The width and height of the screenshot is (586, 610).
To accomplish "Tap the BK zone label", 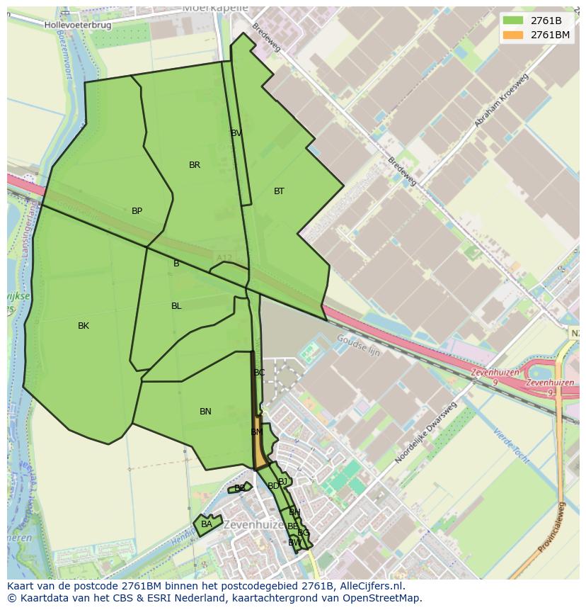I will (84, 326).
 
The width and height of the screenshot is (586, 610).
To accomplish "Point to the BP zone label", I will (137, 211).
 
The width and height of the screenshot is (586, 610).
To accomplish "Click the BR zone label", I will (195, 165).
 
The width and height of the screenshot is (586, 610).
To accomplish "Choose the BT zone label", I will (279, 191).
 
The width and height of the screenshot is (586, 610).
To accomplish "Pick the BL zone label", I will (176, 306).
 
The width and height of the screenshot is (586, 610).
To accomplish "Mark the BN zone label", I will (205, 412).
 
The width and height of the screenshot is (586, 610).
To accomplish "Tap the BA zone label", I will (206, 524).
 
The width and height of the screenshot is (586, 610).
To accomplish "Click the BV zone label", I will (236, 133).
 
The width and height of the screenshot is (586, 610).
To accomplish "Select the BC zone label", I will (259, 373).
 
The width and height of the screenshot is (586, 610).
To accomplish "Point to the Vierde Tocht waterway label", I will (512, 446).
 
